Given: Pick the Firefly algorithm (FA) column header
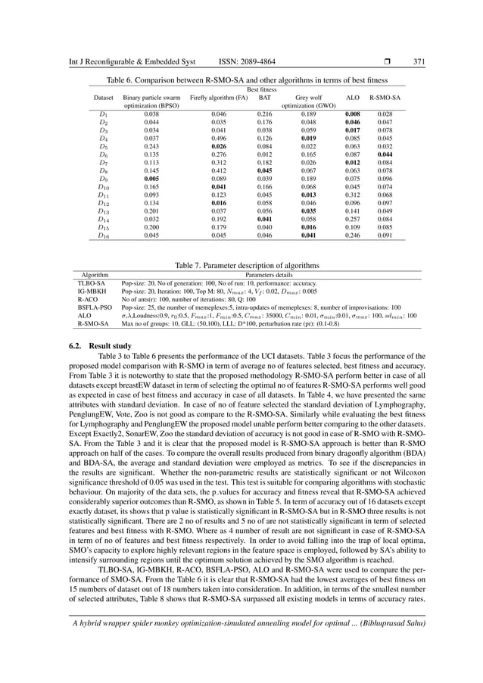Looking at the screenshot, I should pos(219,98).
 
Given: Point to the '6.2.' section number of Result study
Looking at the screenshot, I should pos(70,346).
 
